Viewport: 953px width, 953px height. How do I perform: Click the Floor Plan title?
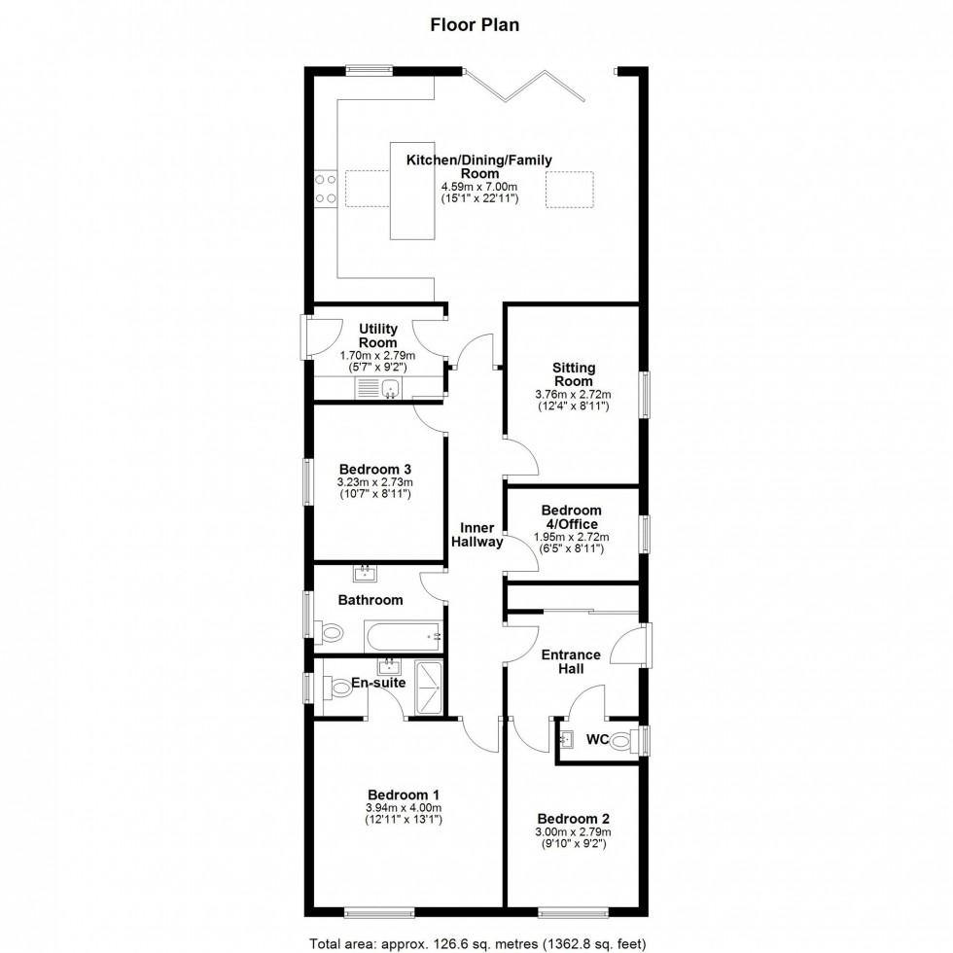[475, 25]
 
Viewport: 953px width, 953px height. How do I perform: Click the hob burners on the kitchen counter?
[325, 189]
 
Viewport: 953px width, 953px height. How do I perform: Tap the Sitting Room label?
[574, 374]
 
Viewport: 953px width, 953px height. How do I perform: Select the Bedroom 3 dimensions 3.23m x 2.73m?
[374, 482]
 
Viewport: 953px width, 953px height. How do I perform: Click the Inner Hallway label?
[476, 535]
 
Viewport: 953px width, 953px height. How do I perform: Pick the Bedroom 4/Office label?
[572, 516]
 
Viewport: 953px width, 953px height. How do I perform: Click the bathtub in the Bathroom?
[404, 638]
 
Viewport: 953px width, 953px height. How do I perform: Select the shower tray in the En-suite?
[428, 688]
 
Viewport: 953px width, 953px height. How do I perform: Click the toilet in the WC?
[622, 741]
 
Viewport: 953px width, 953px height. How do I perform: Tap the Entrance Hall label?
[571, 662]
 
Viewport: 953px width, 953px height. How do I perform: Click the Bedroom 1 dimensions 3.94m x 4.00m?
[403, 807]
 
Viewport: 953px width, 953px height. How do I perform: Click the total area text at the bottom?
[476, 943]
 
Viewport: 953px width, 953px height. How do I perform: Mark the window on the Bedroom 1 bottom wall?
[379, 912]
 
